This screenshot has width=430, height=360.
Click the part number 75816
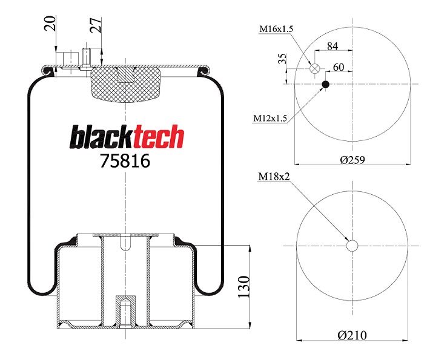click(125, 161)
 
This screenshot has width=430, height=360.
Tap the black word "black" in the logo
click(102, 137)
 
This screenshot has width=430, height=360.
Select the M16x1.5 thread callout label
click(276, 28)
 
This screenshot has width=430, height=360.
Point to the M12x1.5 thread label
click(270, 119)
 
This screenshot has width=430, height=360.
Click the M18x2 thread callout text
click(274, 177)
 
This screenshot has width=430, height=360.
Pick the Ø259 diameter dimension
click(352, 160)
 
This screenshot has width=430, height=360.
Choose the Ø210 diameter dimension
click(352, 335)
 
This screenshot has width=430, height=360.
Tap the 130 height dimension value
click(243, 287)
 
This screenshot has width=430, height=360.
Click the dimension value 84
click(332, 47)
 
